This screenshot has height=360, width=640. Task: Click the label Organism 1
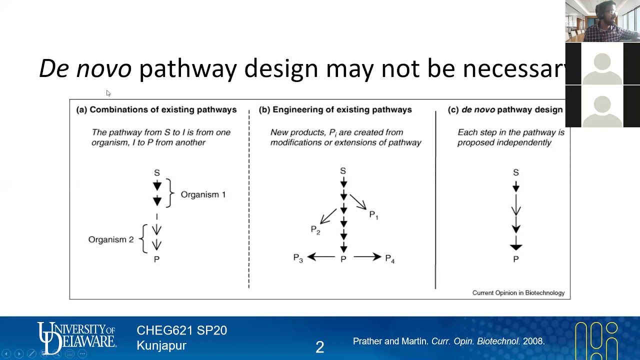tap(203, 194)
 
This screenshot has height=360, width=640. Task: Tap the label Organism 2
tap(111, 239)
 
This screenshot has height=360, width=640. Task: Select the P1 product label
tap(373, 215)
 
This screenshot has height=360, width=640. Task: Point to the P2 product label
tap(315, 229)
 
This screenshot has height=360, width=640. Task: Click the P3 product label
tap(298, 258)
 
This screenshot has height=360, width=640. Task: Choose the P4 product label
tap(390, 258)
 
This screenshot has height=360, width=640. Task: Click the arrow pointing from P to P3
tap(321, 257)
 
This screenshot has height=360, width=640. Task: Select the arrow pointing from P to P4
tap(367, 257)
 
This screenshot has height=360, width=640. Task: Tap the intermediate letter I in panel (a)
tap(156, 217)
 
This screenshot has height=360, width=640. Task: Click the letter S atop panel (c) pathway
tap(516, 172)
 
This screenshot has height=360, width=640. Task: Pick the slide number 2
tap(320, 346)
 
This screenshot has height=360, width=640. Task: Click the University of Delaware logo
tap(76, 338)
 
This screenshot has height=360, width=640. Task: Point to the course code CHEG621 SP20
tap(181, 330)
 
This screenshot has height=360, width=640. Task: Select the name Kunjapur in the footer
tap(161, 345)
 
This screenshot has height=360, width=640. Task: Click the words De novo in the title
tap(85, 68)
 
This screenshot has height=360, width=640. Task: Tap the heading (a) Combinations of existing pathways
tap(156, 109)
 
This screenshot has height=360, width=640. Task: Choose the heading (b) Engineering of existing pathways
tap(335, 109)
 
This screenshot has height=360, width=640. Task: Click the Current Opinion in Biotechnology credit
tap(518, 293)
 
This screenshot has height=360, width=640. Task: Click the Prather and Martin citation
tap(448, 341)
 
